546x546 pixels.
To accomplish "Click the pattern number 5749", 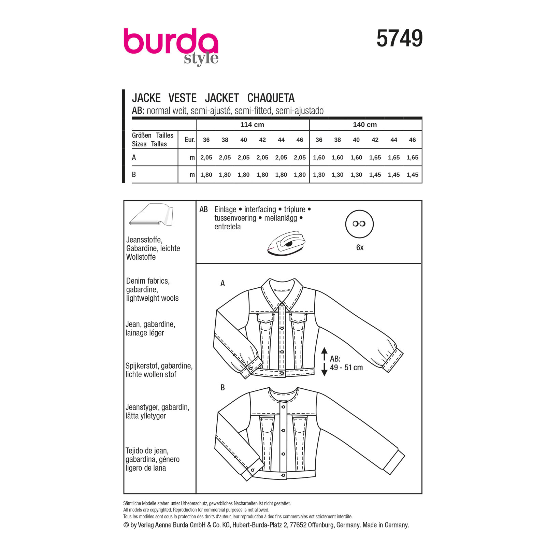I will click(399, 39).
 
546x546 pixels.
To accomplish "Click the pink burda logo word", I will click(170, 41).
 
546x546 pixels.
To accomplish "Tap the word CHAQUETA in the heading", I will click(271, 98).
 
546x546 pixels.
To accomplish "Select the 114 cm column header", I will click(252, 125).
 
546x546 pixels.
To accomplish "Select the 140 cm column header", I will click(365, 125).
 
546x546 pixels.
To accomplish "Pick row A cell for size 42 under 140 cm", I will click(375, 158).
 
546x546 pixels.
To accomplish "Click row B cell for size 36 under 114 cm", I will click(206, 175).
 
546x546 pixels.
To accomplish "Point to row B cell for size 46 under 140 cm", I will click(412, 175).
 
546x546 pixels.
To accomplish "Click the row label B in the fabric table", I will click(134, 175).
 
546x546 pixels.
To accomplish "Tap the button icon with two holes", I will click(359, 224).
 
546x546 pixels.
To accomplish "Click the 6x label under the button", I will click(360, 248).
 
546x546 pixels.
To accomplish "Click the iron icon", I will click(286, 243).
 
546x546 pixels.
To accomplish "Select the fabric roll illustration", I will click(151, 215).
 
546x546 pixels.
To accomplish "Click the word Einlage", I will click(225, 210).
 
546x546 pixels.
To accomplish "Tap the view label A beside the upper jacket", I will click(222, 283).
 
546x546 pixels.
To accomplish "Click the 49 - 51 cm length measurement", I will click(346, 368).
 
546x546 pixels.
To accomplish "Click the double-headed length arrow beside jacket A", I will click(324, 362).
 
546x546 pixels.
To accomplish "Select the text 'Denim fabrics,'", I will click(148, 281).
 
